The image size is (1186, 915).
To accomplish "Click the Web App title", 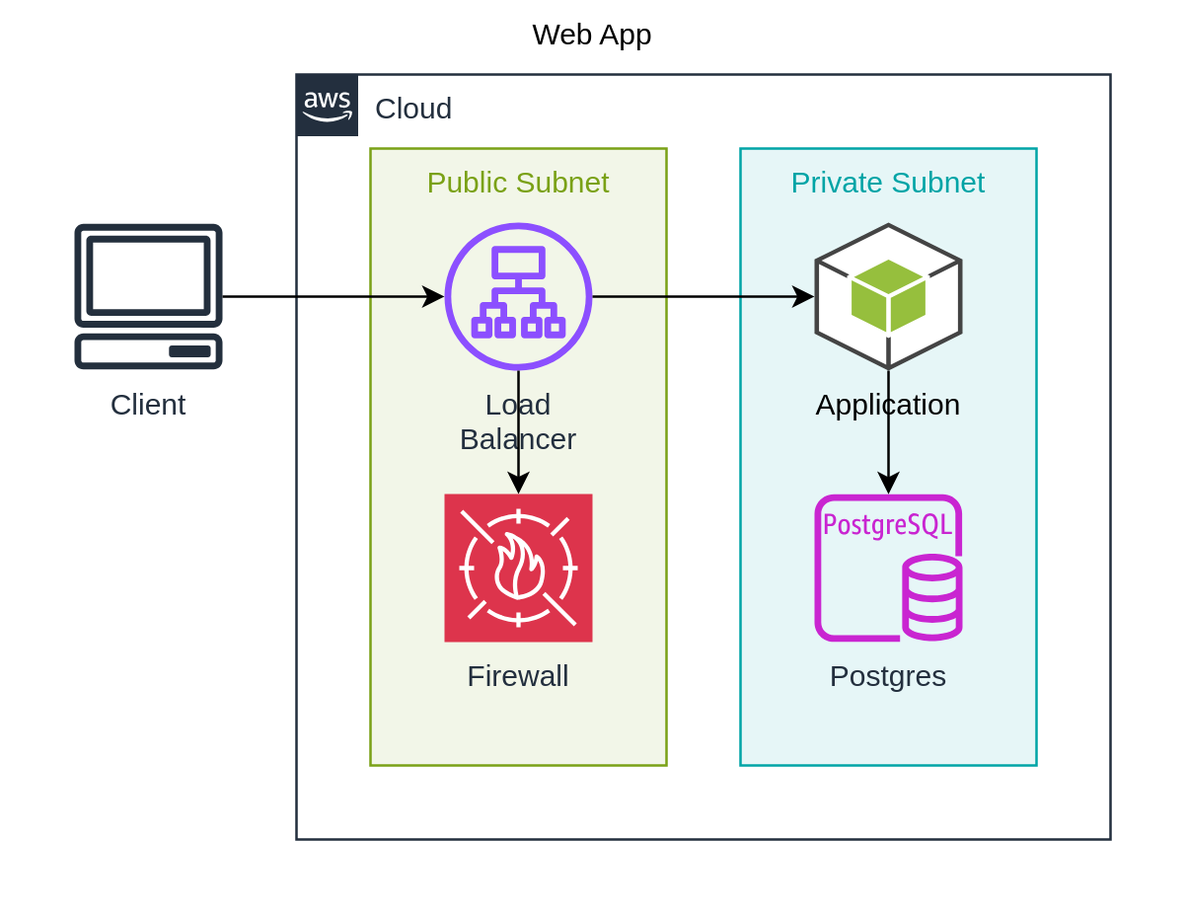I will click(x=591, y=35).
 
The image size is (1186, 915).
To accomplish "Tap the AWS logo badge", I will click(x=328, y=105).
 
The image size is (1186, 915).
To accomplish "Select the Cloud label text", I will click(x=413, y=109).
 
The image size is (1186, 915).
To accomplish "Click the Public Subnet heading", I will click(x=518, y=183).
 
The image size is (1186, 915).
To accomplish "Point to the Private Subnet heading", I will click(x=887, y=183).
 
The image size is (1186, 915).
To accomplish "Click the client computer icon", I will click(x=148, y=296).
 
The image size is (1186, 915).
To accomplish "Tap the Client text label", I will click(x=148, y=405).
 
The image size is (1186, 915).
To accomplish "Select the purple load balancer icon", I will click(x=518, y=296).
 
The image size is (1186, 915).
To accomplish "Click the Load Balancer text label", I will click(x=518, y=422).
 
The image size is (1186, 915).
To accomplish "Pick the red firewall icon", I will click(x=518, y=568).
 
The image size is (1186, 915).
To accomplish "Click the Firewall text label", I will click(x=518, y=676).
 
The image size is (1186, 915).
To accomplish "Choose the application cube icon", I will click(x=888, y=296).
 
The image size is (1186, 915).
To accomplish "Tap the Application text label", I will click(x=888, y=405).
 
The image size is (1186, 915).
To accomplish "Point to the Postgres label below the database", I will click(x=888, y=676).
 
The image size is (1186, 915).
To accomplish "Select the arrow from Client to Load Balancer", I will click(x=326, y=296).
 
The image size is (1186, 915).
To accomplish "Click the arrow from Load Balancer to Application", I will click(x=701, y=296).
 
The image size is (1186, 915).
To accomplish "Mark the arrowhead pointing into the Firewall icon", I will click(x=518, y=483).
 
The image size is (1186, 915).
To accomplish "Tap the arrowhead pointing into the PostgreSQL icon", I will click(x=888, y=483).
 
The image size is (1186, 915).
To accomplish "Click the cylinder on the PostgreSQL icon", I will click(x=932, y=598).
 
